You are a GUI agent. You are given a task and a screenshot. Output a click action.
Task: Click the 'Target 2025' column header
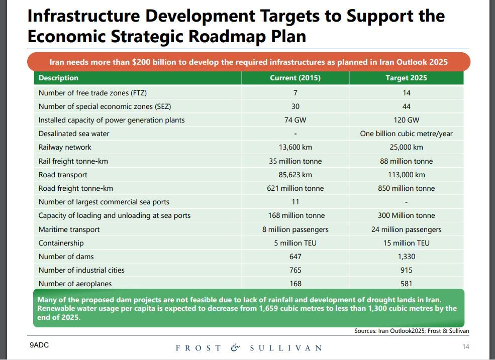coord(406,78)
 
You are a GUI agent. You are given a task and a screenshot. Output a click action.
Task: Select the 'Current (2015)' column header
coord(295,78)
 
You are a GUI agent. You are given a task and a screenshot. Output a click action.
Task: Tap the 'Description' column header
coord(58,78)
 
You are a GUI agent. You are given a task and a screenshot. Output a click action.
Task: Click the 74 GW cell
coord(295,120)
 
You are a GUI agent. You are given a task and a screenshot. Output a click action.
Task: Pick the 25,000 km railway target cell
coord(406,147)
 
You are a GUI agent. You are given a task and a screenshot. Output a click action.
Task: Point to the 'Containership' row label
coord(61,243)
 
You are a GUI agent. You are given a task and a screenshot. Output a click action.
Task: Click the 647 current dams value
coord(295,257)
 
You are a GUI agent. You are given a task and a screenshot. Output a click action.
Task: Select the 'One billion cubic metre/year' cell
coord(406,134)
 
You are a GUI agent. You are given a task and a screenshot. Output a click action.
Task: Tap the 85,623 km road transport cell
coord(295,175)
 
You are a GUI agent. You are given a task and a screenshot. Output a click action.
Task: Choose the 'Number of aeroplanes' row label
coord(75,284)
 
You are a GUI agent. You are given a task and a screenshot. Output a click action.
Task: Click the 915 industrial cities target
coord(406,270)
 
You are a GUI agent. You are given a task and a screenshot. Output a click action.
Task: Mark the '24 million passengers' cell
coord(406,229)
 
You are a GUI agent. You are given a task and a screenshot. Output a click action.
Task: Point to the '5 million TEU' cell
coord(295,243)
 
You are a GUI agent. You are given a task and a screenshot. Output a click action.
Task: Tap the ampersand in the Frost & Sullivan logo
coord(235,347)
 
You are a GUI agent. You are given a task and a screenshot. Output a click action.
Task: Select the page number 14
coord(465,346)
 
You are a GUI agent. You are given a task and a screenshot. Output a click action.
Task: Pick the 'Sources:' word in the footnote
coord(365,331)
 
